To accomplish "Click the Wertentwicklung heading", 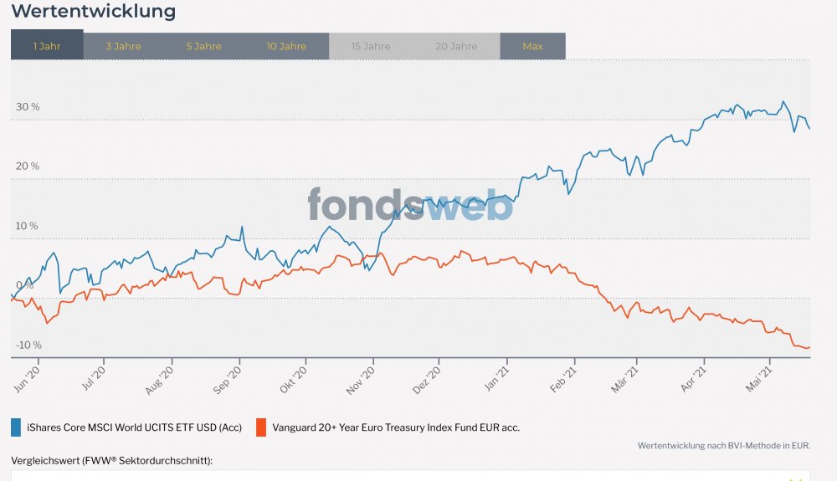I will [x=94, y=12].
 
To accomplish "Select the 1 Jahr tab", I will [x=47, y=46].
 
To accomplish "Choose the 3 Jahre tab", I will [x=123, y=46].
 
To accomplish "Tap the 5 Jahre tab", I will [x=203, y=46].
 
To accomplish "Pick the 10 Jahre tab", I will [x=286, y=46].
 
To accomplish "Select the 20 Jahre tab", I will [x=456, y=46].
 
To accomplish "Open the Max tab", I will [x=532, y=46].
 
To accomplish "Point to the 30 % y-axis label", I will [x=28, y=107].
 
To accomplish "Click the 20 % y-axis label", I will [x=28, y=166].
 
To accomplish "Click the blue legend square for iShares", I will [x=16, y=427].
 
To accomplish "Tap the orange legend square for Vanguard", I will [x=260, y=427].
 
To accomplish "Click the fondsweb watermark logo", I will [x=409, y=204].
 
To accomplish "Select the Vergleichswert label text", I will [x=111, y=461].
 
